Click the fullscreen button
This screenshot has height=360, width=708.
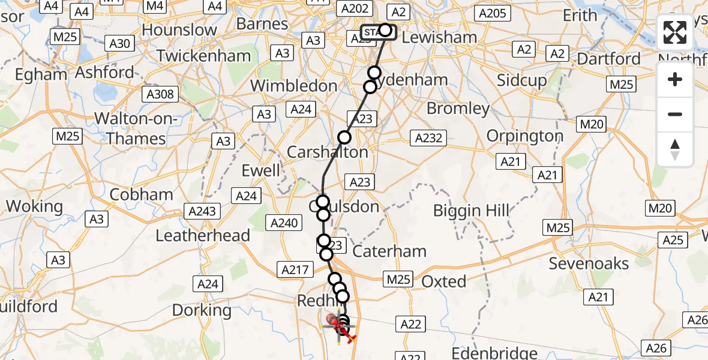tap(675, 32)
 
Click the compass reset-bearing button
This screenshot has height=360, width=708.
tap(675, 149)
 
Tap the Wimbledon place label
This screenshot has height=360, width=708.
tap(293, 86)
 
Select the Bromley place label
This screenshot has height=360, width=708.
tap(458, 109)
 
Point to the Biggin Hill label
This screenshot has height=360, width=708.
tap(472, 211)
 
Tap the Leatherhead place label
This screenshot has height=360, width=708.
tap(203, 235)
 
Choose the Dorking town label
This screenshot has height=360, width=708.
tap(202, 310)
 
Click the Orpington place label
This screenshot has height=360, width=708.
tap(525, 136)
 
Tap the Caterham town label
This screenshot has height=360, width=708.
tap(391, 251)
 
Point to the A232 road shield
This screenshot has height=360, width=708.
tap(429, 138)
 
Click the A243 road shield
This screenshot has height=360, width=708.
tap(203, 211)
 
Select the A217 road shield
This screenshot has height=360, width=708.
tap(294, 270)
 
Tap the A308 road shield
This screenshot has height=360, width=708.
tap(159, 94)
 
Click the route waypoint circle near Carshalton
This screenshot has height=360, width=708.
tap(344, 137)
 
